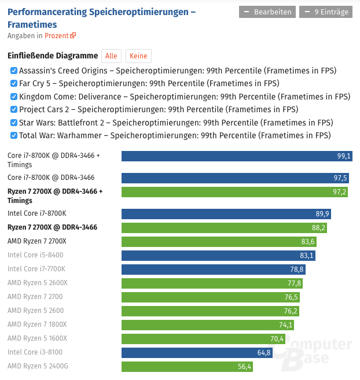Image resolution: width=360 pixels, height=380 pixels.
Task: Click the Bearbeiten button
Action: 267,12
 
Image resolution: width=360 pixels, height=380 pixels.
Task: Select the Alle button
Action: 111,56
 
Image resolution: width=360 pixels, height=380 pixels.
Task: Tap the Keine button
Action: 138,56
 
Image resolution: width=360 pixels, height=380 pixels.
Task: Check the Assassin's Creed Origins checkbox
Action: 14,71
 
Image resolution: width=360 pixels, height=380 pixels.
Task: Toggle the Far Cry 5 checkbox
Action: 14,83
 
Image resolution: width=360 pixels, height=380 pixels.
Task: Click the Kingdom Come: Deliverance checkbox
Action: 14,97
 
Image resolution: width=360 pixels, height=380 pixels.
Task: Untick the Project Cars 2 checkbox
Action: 14,109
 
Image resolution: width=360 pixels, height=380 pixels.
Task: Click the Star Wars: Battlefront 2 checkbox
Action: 14,123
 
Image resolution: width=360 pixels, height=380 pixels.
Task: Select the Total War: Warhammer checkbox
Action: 14,135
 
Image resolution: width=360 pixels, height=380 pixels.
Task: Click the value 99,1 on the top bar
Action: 344,156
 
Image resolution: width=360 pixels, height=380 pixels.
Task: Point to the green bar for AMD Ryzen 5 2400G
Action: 187,366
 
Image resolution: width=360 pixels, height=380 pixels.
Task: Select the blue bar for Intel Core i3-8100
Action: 197,352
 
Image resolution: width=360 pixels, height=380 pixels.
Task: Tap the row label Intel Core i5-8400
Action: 35,255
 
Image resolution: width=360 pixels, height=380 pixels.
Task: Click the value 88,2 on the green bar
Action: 318,228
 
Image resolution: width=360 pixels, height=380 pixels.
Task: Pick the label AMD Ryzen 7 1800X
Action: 37,324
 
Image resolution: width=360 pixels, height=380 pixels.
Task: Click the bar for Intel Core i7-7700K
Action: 213,269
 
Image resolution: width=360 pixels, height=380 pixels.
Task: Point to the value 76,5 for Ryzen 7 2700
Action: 291,297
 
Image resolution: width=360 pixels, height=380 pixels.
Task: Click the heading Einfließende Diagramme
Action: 53,56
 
